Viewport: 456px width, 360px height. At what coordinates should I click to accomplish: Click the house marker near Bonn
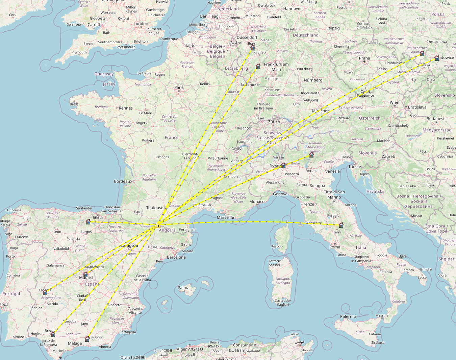[253, 48]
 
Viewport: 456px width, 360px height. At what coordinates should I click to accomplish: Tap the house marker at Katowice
[437, 58]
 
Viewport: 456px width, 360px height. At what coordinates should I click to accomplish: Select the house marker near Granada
[87, 339]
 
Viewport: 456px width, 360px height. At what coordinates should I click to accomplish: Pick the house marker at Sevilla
[53, 334]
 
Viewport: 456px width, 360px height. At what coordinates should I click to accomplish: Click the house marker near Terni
[341, 225]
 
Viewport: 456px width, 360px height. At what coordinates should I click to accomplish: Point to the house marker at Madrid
[85, 274]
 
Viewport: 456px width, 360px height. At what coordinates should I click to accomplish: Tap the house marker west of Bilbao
[88, 221]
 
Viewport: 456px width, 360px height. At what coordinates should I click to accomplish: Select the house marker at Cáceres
[45, 292]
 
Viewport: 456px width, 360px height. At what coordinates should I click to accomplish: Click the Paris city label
[179, 87]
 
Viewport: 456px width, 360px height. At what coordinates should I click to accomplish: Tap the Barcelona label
[176, 257]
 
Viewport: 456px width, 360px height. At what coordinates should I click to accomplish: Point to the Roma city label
[335, 247]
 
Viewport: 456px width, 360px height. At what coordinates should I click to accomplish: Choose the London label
[141, 24]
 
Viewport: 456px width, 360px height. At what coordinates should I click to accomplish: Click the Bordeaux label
[123, 181]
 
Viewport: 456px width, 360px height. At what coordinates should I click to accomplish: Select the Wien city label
[395, 102]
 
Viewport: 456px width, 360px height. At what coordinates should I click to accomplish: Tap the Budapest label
[435, 119]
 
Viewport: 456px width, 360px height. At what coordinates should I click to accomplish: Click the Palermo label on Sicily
[348, 316]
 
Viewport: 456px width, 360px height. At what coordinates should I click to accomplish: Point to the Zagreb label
[388, 157]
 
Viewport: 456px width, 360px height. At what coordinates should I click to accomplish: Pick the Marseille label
[225, 217]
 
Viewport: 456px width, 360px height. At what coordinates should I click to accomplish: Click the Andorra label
[167, 230]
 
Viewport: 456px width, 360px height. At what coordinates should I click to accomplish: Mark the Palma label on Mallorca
[183, 288]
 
